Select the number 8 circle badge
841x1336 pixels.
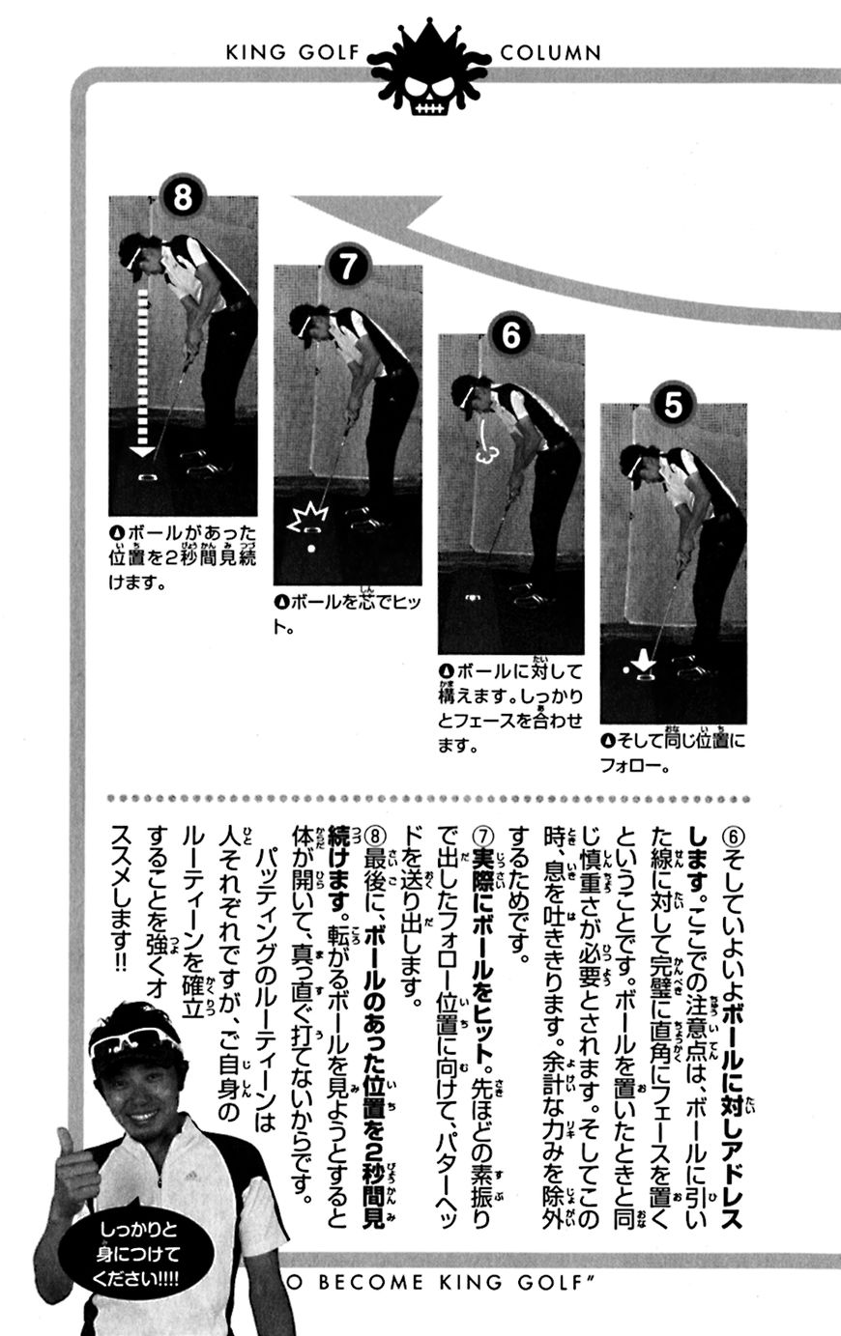pyautogui.click(x=183, y=196)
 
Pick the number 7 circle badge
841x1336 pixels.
pyautogui.click(x=347, y=266)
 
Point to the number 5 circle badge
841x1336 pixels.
pyautogui.click(x=673, y=405)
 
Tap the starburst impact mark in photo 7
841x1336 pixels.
pyautogui.click(x=306, y=518)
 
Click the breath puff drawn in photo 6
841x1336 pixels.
pyautogui.click(x=483, y=445)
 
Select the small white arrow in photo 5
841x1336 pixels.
pyautogui.click(x=644, y=660)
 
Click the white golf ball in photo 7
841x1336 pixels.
pyautogui.click(x=311, y=548)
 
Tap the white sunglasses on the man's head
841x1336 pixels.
pyautogui.click(x=135, y=1039)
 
